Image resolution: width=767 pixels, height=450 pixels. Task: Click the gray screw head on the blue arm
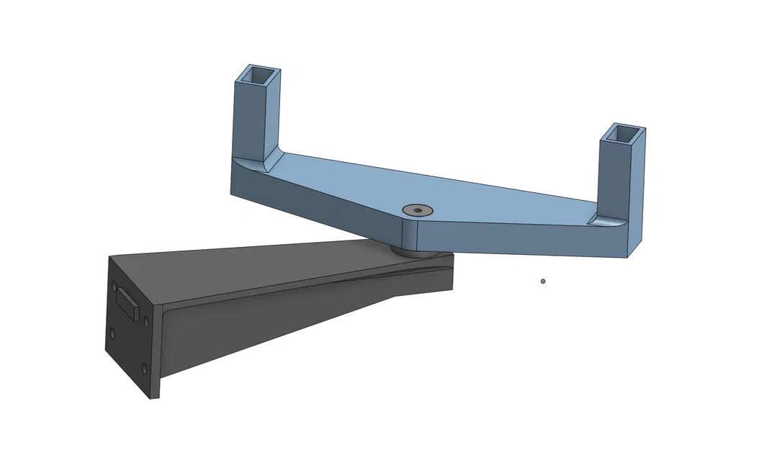[x=416, y=210]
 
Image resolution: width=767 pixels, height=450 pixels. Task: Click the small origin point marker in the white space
[x=543, y=282]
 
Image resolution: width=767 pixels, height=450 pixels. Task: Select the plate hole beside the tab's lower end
[x=146, y=322]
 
